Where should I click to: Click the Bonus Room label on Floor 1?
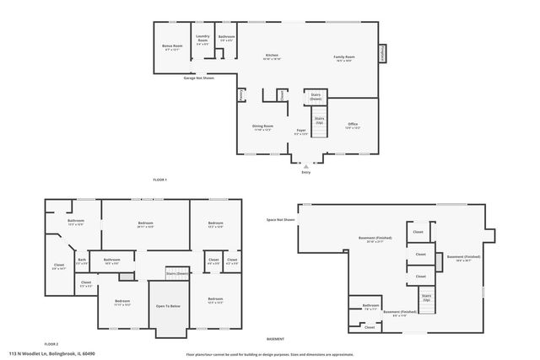click(x=171, y=48)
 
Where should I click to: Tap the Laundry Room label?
click(x=202, y=38)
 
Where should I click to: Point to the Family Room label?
click(x=343, y=57)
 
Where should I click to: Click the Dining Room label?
click(x=262, y=127)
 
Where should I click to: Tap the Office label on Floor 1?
click(x=353, y=126)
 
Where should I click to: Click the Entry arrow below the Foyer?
click(x=305, y=167)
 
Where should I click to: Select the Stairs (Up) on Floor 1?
click(x=320, y=121)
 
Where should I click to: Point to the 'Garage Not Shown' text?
click(x=199, y=78)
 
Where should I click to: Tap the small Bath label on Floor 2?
click(x=82, y=261)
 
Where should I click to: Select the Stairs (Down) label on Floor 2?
click(x=177, y=273)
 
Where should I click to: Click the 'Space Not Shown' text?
click(x=280, y=219)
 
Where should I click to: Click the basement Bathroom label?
click(x=370, y=306)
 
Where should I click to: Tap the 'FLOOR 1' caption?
click(x=159, y=180)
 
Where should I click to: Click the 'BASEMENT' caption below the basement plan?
click(x=275, y=338)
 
